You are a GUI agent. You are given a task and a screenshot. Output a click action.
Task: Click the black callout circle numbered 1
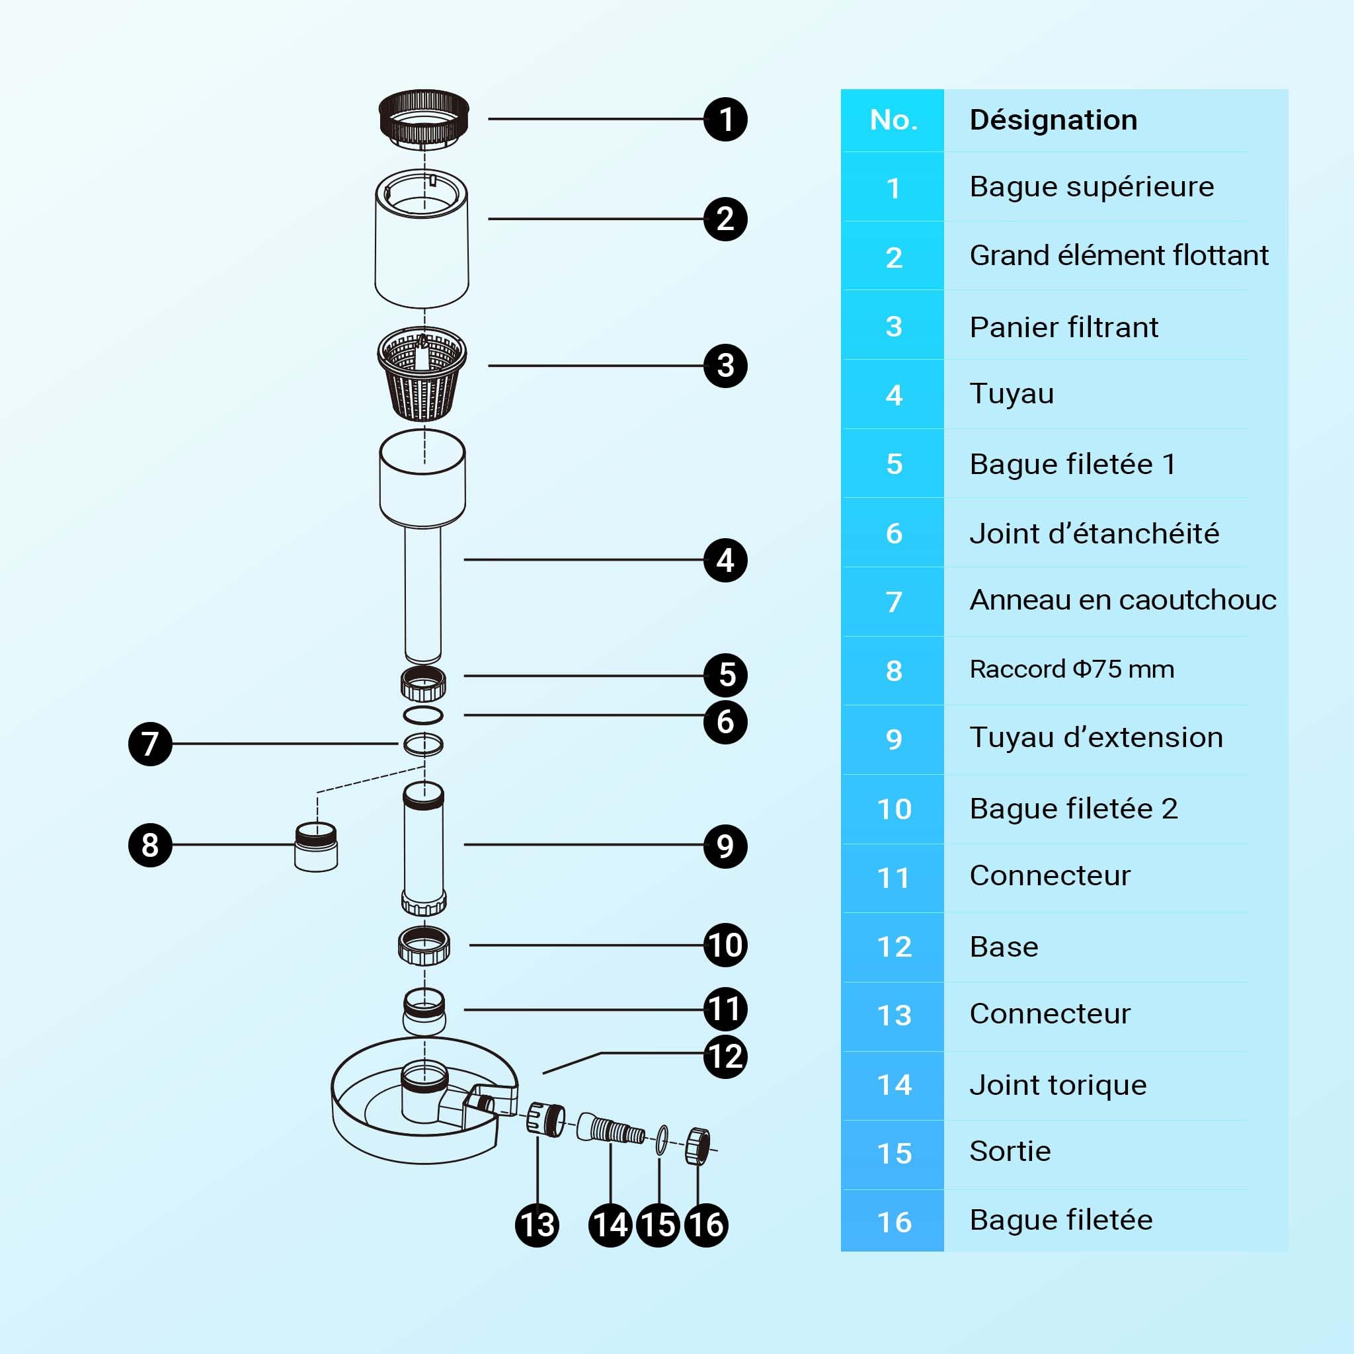725,119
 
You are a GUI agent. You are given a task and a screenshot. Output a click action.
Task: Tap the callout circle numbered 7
150,744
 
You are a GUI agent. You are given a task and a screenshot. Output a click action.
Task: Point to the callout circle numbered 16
705,1224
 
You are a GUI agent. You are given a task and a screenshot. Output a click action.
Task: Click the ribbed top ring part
424,119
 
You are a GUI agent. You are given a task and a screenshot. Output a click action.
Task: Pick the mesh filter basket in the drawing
422,374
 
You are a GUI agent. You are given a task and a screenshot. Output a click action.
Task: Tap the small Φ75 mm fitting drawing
316,847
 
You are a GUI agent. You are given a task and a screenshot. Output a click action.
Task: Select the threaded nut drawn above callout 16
697,1146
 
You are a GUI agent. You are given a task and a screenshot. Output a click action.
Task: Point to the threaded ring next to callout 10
424,945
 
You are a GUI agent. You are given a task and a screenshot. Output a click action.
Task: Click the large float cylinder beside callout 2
422,238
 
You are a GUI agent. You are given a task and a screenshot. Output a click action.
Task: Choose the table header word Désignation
1053,120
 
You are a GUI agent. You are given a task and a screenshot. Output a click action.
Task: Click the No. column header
894,120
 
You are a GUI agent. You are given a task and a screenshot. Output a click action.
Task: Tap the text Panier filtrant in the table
1064,327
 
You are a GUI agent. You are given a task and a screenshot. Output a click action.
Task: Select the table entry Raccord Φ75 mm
1072,669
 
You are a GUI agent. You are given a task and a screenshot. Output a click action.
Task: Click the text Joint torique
1058,1085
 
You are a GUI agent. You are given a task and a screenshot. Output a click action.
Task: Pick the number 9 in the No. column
894,739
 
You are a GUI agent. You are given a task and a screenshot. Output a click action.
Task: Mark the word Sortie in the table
1010,1152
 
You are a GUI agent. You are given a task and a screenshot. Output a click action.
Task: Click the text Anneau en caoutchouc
1123,600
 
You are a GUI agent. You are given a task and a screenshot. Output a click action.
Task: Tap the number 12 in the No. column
895,947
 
